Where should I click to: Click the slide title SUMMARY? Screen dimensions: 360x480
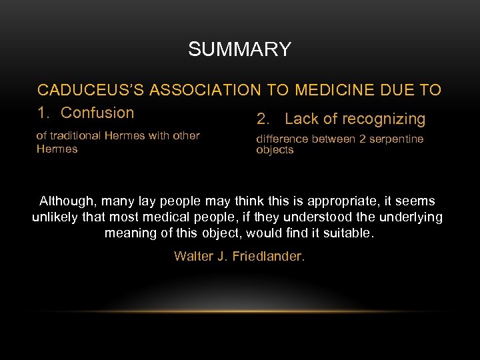click(239, 49)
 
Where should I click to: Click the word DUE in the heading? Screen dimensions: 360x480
click(399, 90)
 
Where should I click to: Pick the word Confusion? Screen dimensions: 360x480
click(97, 113)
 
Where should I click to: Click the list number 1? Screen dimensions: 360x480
click(41, 113)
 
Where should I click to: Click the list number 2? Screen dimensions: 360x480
click(262, 119)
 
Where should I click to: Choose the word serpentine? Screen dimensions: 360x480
click(399, 139)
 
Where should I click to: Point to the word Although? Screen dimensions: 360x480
click(65, 201)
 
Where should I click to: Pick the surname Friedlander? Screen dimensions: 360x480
click(269, 256)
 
